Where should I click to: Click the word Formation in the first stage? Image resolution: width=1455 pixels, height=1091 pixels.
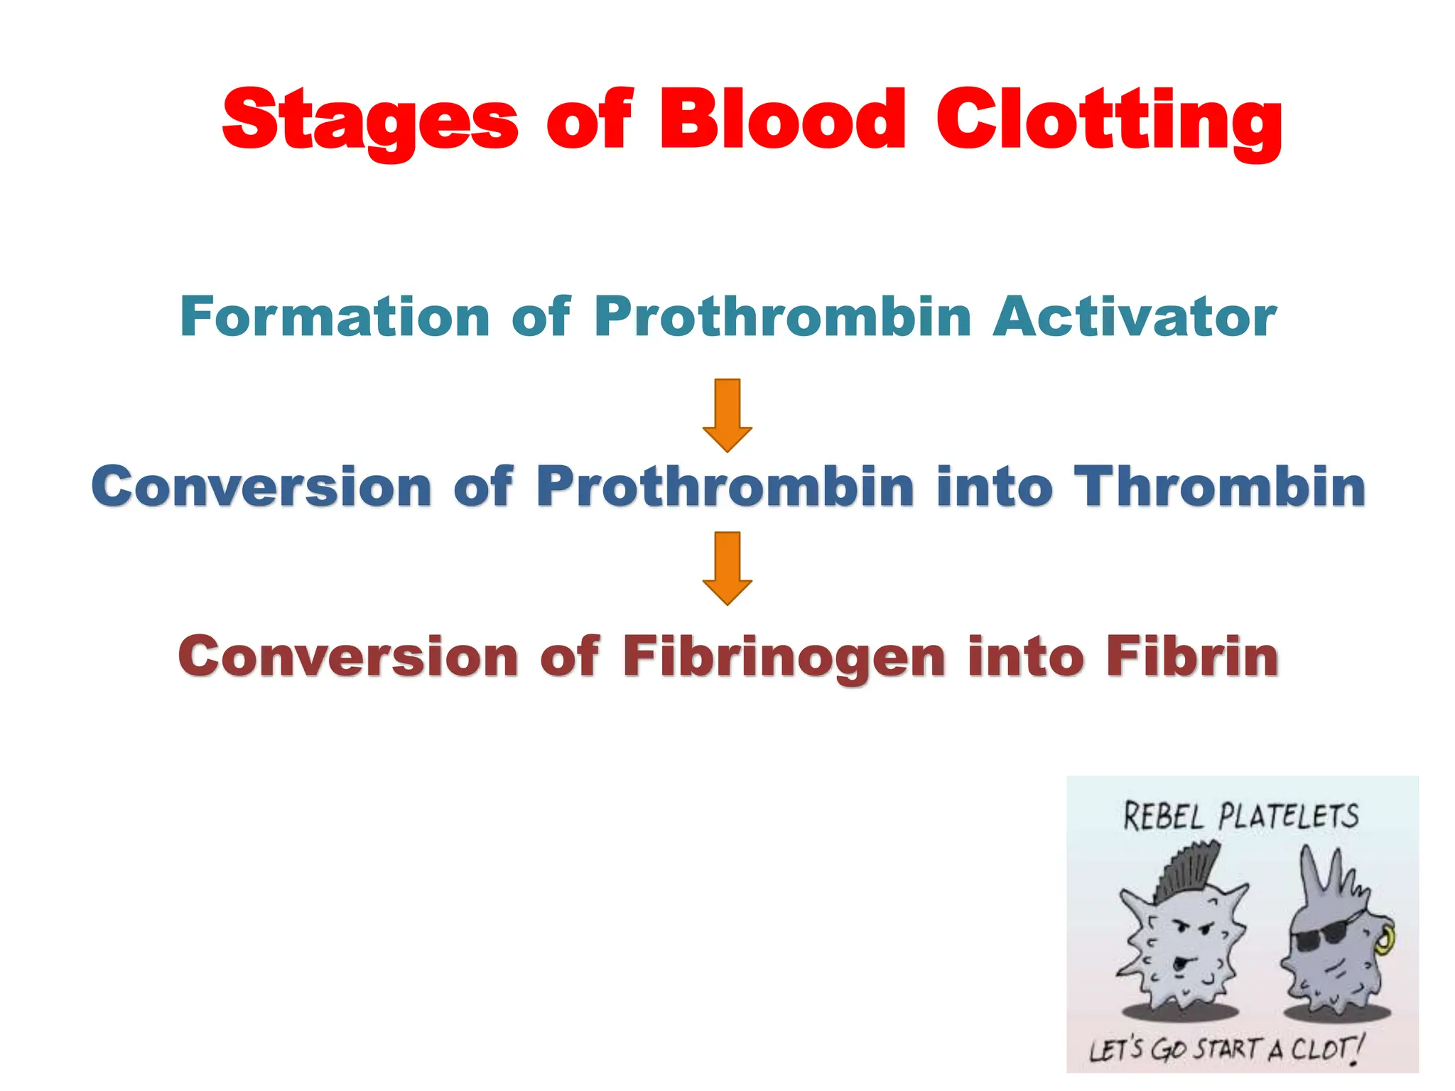point(335,317)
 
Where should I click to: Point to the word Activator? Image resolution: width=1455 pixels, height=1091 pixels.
point(1135,317)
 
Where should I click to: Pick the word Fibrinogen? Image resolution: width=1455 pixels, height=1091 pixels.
point(784,658)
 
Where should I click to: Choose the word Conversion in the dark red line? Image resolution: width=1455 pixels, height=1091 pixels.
point(348,656)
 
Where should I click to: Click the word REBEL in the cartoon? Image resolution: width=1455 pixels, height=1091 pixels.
point(1163,817)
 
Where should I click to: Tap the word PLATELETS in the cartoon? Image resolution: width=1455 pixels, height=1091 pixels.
point(1288,817)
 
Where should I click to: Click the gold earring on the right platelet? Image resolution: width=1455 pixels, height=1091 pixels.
point(1385,941)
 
